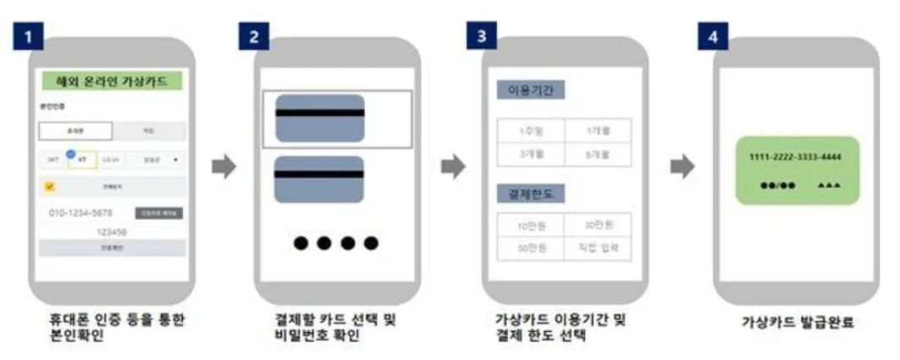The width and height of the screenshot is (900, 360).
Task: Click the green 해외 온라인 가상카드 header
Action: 113,82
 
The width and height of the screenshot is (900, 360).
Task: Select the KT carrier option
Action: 83,158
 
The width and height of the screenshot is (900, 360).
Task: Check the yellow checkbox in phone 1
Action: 49,186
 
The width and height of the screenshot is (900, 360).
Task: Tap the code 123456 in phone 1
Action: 113,230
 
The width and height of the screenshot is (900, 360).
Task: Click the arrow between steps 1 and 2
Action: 224,167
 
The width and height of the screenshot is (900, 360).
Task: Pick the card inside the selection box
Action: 320,118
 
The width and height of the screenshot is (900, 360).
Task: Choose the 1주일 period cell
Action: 529,131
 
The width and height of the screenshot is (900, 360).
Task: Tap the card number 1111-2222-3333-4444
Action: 795,158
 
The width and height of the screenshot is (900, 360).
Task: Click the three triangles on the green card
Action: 829,184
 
